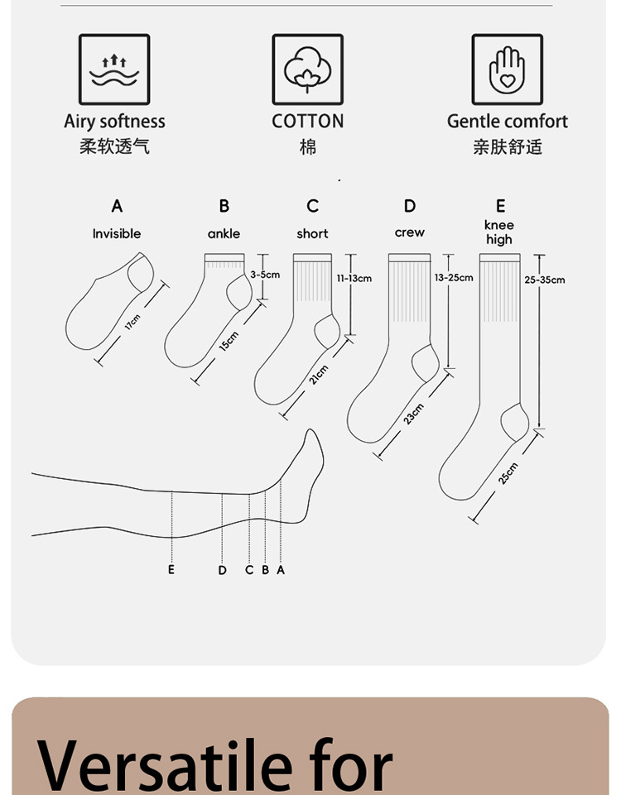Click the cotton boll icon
point(307,69)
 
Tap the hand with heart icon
point(507,69)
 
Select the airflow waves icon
point(114,69)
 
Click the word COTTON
point(307,122)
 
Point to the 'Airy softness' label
point(114,122)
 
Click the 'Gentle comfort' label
point(507,122)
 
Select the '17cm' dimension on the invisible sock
point(132,321)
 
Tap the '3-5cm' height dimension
point(265,274)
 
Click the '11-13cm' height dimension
point(354,278)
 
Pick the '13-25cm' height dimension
point(454,277)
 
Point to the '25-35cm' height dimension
point(545,280)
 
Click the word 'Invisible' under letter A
point(117,234)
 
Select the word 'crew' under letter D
point(409,232)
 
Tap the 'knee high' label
point(499,232)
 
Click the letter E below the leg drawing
point(171,570)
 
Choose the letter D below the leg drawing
point(222,570)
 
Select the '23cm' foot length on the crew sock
point(413,414)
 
